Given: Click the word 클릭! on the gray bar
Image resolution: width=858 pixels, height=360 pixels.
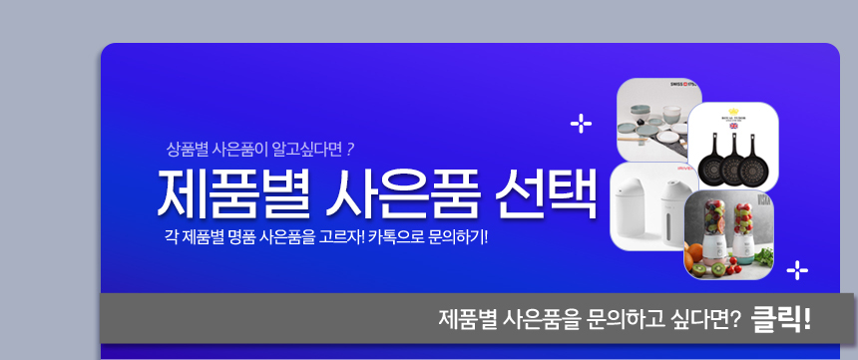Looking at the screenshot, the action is coord(781,319).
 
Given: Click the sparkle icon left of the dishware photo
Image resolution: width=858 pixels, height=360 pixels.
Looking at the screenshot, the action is coord(581,125).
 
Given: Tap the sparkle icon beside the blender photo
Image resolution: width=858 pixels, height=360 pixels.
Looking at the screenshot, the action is coord(797,270).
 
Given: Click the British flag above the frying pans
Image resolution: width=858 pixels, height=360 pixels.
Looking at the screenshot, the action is coord(733,126).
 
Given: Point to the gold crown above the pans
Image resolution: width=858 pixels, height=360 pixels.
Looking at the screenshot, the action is coord(733,111).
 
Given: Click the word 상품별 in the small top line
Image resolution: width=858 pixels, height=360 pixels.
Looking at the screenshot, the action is coord(183,150).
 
